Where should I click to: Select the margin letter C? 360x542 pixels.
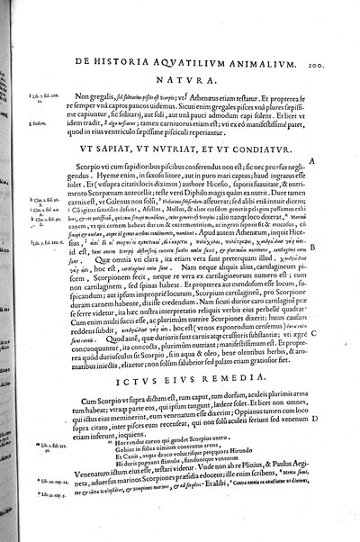tap(338, 286)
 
